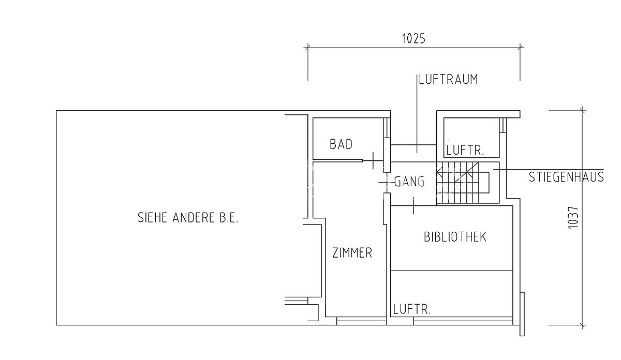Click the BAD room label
pos(341,144)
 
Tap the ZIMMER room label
pos(352,253)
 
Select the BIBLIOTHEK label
pos(455,237)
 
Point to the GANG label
pos(409,182)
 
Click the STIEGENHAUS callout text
pos(566,177)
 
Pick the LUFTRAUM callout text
pos(448,79)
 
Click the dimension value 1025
pos(413,39)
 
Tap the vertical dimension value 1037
pos(573,218)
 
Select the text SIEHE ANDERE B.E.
pos(188,218)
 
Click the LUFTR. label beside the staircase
pos(465,151)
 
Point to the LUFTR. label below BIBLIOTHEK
pos(412,309)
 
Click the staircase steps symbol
pos(463,183)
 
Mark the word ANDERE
pos(194,218)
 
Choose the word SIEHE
pos(152,218)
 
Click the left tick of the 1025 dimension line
pos(308,48)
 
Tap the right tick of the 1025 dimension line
pos(520,48)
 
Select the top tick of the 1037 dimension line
pos(583,111)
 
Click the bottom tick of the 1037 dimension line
pos(583,325)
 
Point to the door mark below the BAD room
pos(373,161)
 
